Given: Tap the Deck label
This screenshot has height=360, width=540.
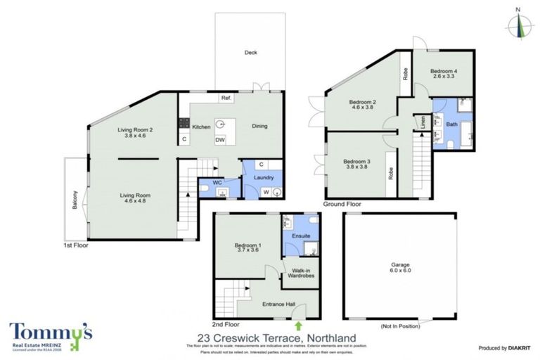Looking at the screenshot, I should pos(250,53).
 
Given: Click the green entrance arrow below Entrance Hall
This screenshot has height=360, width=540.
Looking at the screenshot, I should pos(299,326).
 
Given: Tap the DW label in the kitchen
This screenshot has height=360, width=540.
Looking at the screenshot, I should pos(219,139).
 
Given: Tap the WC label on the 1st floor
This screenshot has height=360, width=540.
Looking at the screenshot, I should pos(217,183).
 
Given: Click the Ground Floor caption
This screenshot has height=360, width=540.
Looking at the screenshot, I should pos(342,204).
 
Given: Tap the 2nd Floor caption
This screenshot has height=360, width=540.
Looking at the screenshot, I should pos(226,325).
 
